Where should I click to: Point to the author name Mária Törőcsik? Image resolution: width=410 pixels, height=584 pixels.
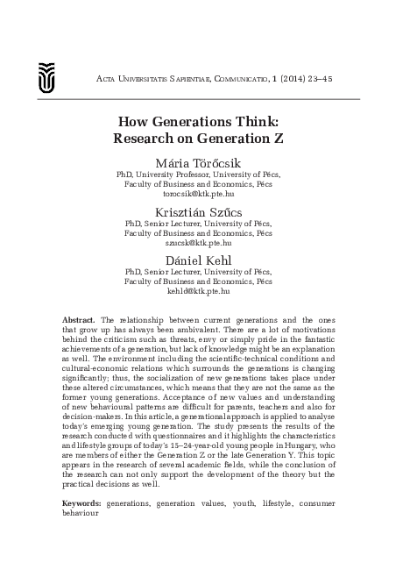pyautogui.click(x=204, y=162)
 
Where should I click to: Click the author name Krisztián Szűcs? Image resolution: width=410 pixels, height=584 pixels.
pyautogui.click(x=204, y=213)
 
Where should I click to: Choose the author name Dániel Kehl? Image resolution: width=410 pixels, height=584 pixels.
pyautogui.click(x=204, y=263)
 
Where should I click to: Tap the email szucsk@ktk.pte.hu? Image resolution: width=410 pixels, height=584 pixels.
pyautogui.click(x=204, y=244)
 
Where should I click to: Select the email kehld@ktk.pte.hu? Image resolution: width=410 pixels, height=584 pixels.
pyautogui.click(x=204, y=294)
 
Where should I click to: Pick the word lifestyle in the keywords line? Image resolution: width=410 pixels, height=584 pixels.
pyautogui.click(x=275, y=504)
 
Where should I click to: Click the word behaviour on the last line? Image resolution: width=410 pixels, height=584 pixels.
pyautogui.click(x=84, y=514)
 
